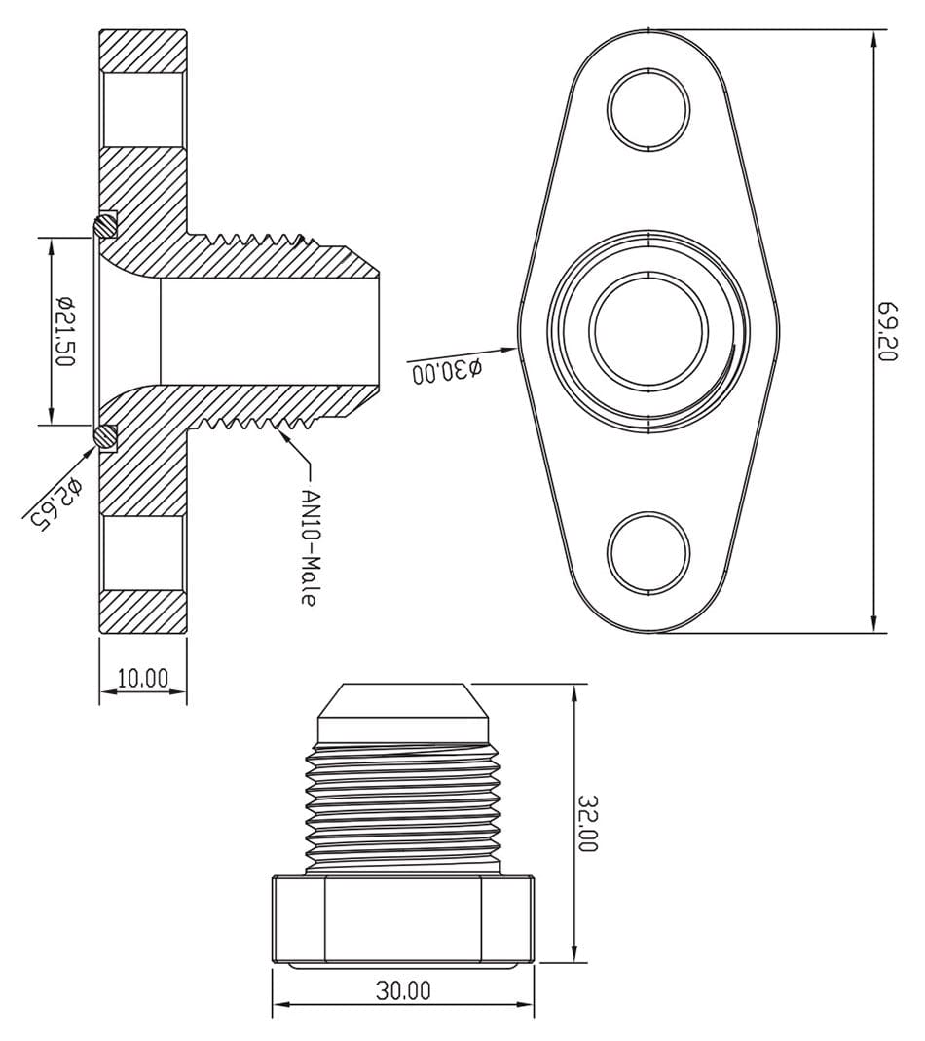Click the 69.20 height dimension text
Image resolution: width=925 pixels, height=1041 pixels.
click(887, 331)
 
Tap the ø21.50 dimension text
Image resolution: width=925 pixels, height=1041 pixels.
click(65, 331)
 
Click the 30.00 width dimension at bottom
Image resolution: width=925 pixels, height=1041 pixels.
click(402, 991)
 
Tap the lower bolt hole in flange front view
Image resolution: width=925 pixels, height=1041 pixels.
click(648, 552)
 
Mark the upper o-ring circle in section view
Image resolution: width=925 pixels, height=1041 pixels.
click(104, 225)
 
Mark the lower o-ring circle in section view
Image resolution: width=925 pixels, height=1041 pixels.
click(104, 437)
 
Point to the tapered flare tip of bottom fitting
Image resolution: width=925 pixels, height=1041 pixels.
click(402, 703)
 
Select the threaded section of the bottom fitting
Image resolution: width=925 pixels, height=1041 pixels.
click(402, 799)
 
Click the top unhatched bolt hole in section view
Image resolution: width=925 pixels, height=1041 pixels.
click(143, 108)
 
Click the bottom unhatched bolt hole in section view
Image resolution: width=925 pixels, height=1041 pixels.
click(143, 552)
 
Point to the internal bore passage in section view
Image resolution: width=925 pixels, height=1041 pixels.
click(263, 331)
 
